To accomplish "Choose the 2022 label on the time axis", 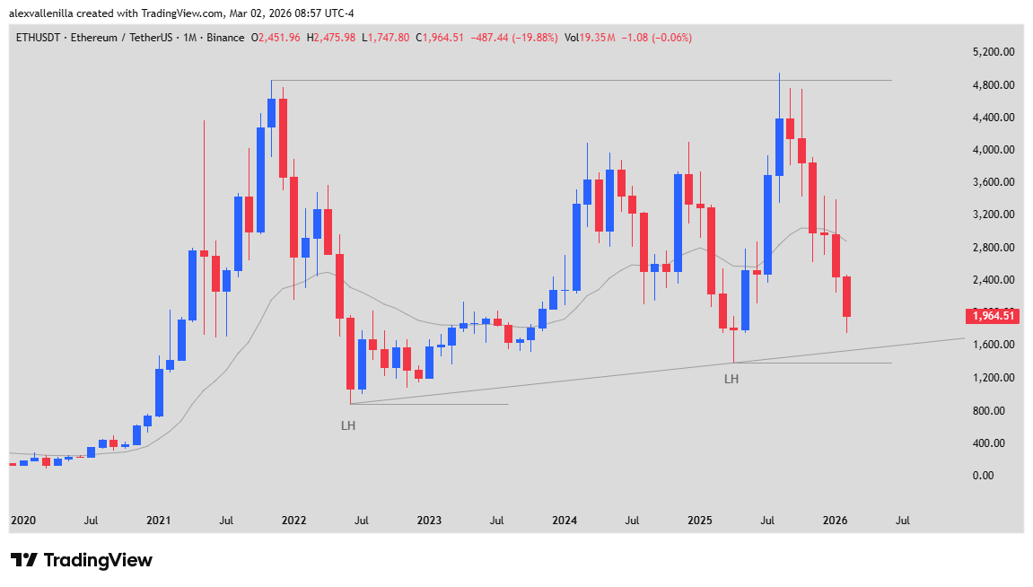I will pyautogui.click(x=293, y=521).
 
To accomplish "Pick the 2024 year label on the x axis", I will pyautogui.click(x=564, y=521).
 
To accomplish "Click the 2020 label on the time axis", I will pyautogui.click(x=22, y=521).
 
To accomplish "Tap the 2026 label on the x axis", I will pyautogui.click(x=835, y=521).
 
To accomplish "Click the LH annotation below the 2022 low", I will pyautogui.click(x=348, y=425).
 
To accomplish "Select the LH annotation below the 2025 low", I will pyautogui.click(x=731, y=380).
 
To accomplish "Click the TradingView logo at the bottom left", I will pyautogui.click(x=82, y=560).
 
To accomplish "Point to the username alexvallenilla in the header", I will pyautogui.click(x=46, y=13).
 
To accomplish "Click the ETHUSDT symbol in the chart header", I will pyautogui.click(x=41, y=38).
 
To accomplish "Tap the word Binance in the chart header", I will pyautogui.click(x=224, y=38).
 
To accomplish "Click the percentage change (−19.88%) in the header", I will pyautogui.click(x=532, y=38).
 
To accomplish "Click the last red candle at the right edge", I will pyautogui.click(x=846, y=297).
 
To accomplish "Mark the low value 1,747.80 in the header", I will pyautogui.click(x=388, y=38).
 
